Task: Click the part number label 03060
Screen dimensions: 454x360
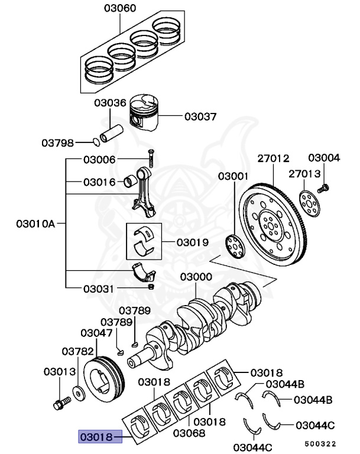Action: tap(119, 8)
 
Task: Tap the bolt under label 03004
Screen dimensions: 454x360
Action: tap(323, 188)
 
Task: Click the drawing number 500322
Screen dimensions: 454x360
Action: tap(321, 443)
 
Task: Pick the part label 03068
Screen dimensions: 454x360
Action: tap(189, 433)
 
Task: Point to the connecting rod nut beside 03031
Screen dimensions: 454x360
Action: tap(151, 287)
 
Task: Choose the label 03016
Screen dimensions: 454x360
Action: tap(99, 181)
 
